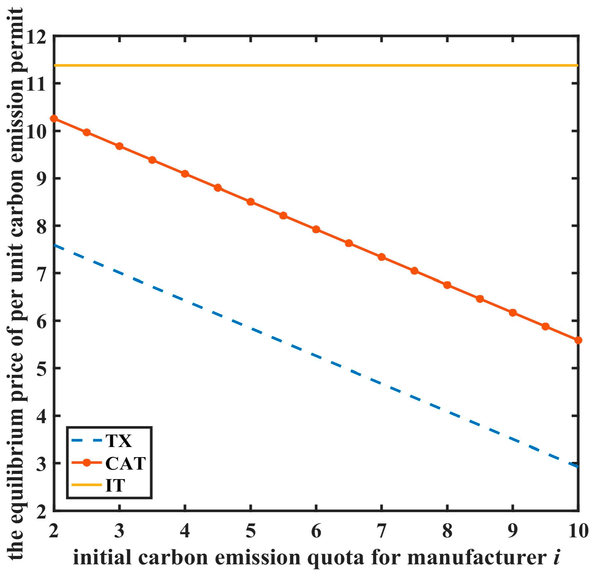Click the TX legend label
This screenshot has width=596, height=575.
119,441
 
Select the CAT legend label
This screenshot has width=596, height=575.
126,463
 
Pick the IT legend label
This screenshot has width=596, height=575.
115,485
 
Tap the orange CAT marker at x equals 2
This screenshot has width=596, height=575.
54,119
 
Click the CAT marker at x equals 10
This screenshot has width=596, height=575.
578,340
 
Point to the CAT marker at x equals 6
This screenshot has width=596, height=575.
316,230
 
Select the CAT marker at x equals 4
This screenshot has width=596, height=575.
185,174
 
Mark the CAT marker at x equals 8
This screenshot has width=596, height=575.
447,285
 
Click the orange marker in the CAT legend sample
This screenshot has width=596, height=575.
87,463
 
